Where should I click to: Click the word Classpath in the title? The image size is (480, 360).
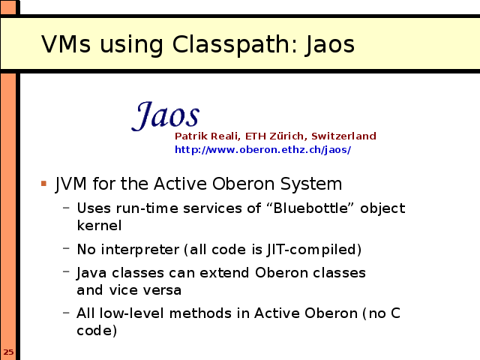click(x=231, y=45)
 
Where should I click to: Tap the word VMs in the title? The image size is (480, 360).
click(x=66, y=44)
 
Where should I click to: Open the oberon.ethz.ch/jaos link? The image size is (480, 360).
click(x=262, y=150)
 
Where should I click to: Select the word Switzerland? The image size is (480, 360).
click(x=343, y=136)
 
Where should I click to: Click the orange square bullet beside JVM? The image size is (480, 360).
click(x=43, y=183)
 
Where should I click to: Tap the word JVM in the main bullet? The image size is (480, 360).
click(x=70, y=184)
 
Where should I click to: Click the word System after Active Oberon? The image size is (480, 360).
click(x=311, y=184)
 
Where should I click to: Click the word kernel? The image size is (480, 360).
click(x=99, y=225)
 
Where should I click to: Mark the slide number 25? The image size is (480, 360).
click(x=8, y=352)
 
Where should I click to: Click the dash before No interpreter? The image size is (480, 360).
click(x=66, y=248)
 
